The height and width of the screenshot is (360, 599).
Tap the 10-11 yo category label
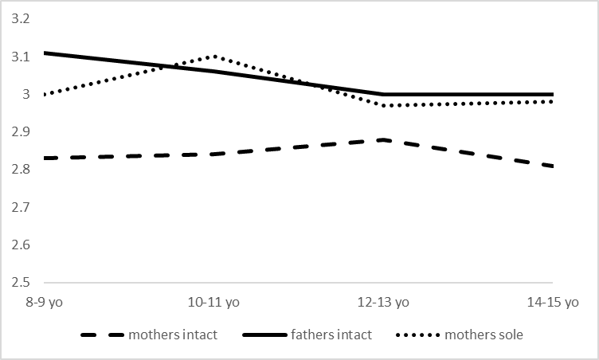[x=215, y=303]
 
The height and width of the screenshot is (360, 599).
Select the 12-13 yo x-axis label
[x=384, y=303]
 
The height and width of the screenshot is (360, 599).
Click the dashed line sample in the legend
[x=103, y=335]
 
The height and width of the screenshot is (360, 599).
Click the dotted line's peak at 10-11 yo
[x=215, y=56]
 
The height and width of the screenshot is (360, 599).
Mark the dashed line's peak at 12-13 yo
[x=384, y=139]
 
